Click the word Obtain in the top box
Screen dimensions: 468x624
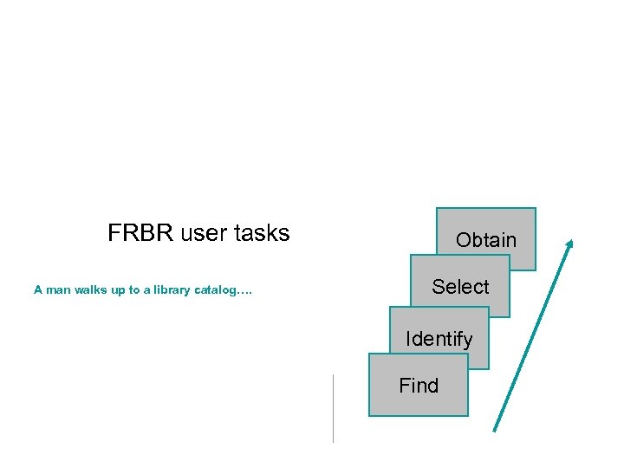[x=485, y=240]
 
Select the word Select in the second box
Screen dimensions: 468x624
[x=460, y=287]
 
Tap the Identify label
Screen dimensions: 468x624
[x=439, y=339]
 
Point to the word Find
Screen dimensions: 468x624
[x=419, y=386]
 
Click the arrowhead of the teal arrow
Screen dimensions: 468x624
[x=569, y=244]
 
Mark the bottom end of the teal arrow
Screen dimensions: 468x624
[x=494, y=430]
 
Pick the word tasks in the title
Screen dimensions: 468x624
[x=261, y=233]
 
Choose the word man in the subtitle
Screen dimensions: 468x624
[x=58, y=290]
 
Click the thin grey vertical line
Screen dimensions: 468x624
[x=333, y=407]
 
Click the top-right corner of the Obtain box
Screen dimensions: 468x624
[x=536, y=208]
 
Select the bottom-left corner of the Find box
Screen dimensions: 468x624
[x=369, y=416]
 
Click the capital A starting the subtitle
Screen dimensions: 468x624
[x=38, y=290]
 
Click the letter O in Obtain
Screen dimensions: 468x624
[x=463, y=240]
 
